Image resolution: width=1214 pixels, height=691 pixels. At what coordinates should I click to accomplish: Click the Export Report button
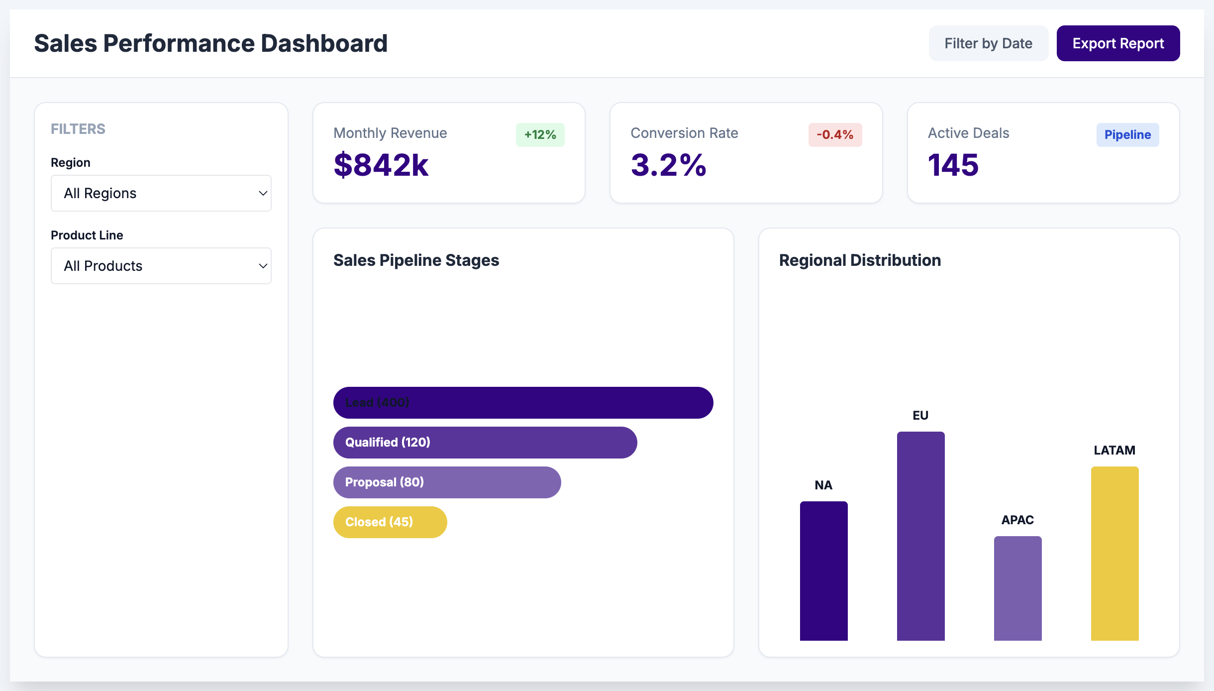click(x=1117, y=43)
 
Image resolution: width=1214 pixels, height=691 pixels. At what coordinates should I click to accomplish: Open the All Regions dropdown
click(x=161, y=193)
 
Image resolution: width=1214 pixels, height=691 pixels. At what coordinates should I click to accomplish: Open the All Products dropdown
click(x=161, y=266)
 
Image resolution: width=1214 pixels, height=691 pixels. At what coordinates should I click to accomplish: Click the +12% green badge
click(x=540, y=135)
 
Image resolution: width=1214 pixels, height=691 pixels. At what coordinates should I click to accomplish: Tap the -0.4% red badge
click(x=834, y=135)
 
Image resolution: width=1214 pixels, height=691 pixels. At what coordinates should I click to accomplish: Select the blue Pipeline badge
click(x=1127, y=135)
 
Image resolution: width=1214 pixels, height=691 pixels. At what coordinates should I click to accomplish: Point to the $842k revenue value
click(x=381, y=165)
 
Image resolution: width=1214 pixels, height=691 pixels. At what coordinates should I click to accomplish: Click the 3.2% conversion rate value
click(x=668, y=165)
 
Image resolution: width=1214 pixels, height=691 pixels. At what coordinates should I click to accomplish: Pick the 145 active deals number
click(x=953, y=165)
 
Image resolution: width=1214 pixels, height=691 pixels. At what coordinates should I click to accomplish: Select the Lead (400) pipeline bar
click(x=522, y=403)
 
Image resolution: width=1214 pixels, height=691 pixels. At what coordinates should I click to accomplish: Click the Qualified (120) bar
click(x=485, y=443)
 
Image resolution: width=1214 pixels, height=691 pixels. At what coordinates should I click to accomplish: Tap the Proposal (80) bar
click(x=447, y=482)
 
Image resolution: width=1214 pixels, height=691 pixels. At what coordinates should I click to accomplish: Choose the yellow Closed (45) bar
click(x=390, y=522)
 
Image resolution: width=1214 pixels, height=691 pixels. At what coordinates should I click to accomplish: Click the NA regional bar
click(x=823, y=571)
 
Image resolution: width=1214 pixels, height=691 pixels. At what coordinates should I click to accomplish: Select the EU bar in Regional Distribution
click(x=920, y=536)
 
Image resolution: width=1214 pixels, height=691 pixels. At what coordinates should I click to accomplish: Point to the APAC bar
click(x=1017, y=588)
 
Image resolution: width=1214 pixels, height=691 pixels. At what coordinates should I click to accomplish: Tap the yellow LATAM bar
click(x=1114, y=553)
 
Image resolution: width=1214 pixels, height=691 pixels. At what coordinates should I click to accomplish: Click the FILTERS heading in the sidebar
click(x=78, y=129)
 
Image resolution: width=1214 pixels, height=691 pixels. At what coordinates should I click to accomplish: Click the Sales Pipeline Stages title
click(x=416, y=260)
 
